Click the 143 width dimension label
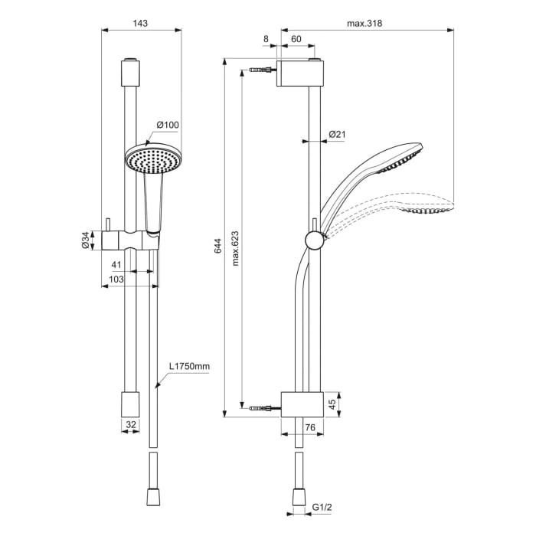pos(140,23)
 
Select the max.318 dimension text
pos(364,23)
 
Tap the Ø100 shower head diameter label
pos(168,125)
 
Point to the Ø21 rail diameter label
pos(337,135)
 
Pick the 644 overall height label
pos(217,246)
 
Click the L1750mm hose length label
pos(189,367)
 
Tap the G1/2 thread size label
pos(322,507)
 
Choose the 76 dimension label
pos(310,427)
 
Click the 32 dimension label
pos(130,423)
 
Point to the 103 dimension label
pos(116,280)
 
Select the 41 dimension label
pos(116,264)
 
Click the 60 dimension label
pos(295,38)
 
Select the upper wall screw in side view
pos(263,71)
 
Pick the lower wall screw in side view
pos(263,406)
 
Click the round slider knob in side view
pos(314,240)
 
